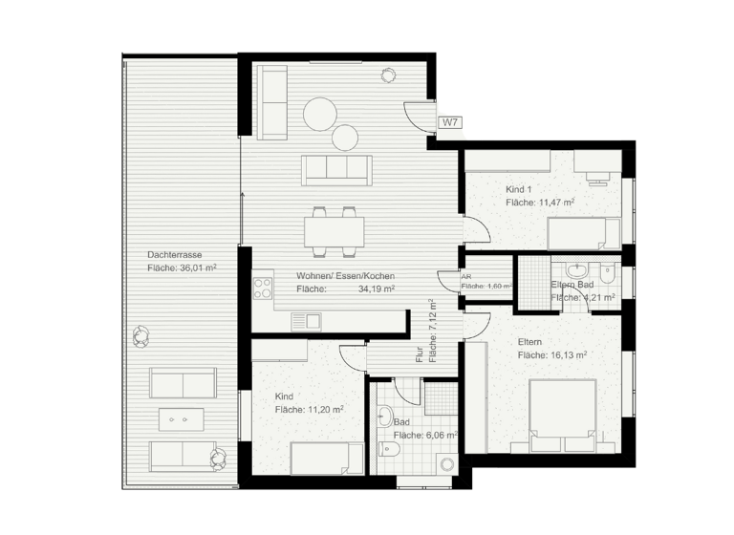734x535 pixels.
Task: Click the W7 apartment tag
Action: (450, 122)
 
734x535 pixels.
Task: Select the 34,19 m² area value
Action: (377, 289)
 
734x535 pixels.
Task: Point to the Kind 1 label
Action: (519, 189)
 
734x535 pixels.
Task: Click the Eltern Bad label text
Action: (572, 286)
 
